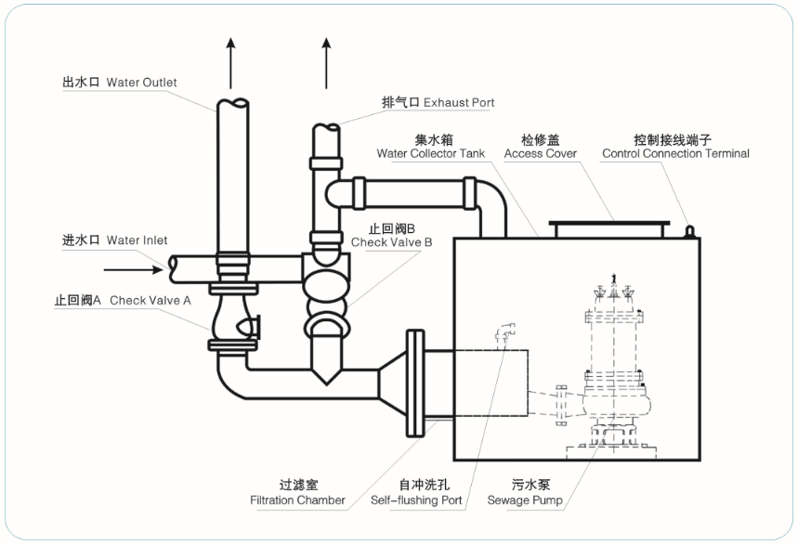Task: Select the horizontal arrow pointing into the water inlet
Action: click(x=131, y=270)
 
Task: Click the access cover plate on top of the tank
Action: click(x=608, y=227)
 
